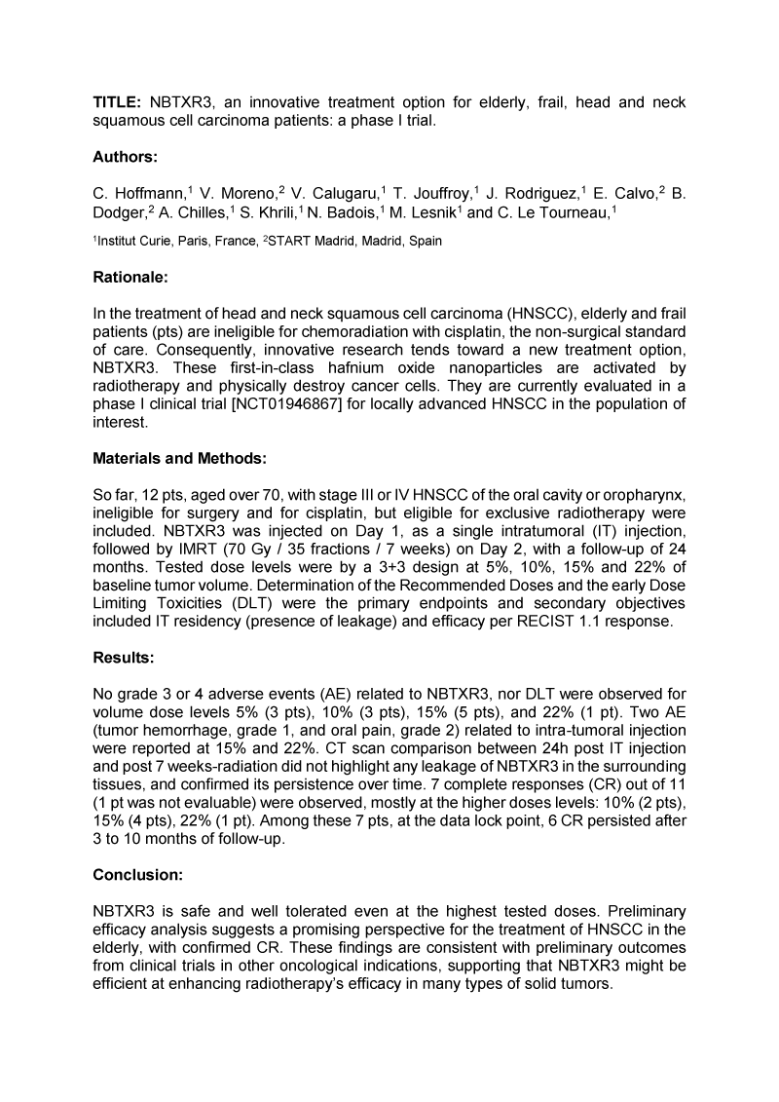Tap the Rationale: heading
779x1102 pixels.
tap(130, 277)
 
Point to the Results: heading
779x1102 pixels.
tap(124, 658)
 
